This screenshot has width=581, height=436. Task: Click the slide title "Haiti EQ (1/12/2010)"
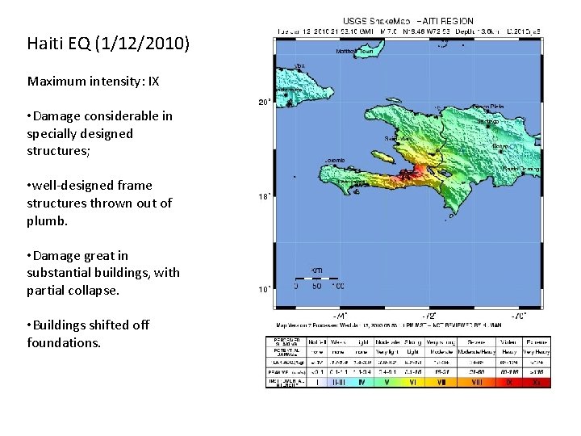tap(108, 43)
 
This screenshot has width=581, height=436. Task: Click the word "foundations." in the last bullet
tap(64, 342)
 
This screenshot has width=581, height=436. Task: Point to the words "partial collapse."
tap(73, 290)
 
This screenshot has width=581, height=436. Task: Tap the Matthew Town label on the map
tap(354, 51)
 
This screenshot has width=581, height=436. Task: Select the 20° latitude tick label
tap(263, 103)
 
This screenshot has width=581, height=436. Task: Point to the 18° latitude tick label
tap(263, 196)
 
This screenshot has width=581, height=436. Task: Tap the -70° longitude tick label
tap(520, 315)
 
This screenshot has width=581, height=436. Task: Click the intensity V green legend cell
tap(386, 382)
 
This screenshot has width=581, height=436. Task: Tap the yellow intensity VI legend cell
tap(412, 382)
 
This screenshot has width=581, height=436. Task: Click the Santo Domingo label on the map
tap(520, 170)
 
